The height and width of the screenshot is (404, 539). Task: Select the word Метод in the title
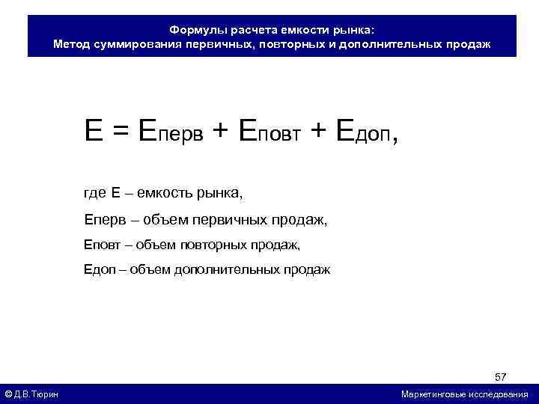coord(72,44)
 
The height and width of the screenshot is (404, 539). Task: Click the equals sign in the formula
coord(121,133)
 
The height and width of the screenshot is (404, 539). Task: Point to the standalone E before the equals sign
coord(94,132)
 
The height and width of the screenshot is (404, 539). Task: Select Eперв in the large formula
coord(171,132)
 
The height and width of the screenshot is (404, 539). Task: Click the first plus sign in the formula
coord(221,133)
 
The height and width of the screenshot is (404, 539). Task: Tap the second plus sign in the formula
coord(318,133)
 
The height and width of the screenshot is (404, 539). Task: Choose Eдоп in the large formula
coord(362,132)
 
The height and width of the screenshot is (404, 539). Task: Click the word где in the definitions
coord(95,194)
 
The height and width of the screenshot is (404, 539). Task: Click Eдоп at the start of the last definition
coord(98,269)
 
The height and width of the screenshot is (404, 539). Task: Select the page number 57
coord(501,375)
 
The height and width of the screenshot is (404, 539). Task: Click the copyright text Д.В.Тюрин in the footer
coord(37,394)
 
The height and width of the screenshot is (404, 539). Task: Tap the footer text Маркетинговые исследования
coord(464,394)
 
